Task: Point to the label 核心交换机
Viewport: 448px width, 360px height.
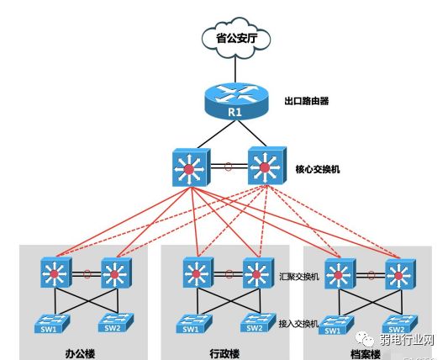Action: point(318,169)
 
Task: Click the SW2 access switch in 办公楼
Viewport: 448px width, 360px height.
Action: point(116,323)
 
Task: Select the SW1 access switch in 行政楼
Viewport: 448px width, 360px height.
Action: point(191,323)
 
